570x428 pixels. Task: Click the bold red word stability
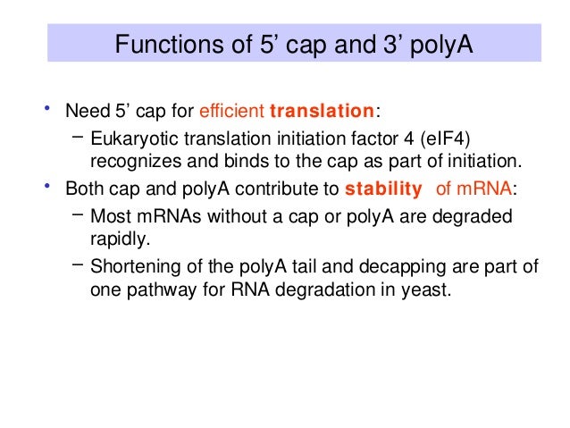(x=382, y=189)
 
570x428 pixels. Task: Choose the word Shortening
(x=135, y=266)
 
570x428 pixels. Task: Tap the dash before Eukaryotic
(x=75, y=136)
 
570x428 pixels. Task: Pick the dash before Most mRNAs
(x=75, y=214)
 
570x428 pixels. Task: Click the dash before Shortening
(x=75, y=264)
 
